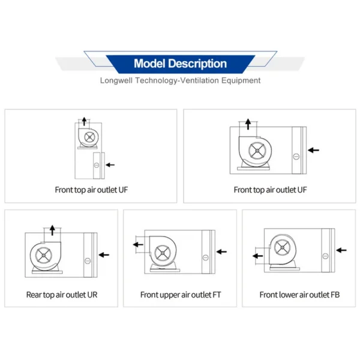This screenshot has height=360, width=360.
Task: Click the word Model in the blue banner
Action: (149, 64)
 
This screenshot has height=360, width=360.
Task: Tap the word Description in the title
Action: (197, 64)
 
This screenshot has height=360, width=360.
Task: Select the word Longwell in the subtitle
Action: (116, 80)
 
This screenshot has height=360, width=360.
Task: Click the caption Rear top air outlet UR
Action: (62, 295)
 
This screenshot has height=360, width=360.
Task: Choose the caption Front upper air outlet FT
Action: (181, 295)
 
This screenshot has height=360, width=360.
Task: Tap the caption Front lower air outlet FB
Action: (299, 295)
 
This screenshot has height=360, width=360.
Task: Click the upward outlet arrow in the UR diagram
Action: (52, 230)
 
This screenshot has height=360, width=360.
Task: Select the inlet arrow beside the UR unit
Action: (104, 254)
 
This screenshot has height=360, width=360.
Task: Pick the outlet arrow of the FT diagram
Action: (138, 245)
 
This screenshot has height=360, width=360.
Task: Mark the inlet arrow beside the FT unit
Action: (221, 251)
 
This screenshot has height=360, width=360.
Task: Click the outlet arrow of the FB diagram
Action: (258, 256)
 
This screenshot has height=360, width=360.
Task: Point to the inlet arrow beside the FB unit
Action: (341, 250)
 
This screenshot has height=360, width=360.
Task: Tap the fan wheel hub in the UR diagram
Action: (44, 255)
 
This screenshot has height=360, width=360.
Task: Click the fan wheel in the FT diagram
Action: (163, 253)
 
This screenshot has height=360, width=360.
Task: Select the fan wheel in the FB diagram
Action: (283, 247)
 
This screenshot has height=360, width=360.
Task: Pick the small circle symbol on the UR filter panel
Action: (88, 261)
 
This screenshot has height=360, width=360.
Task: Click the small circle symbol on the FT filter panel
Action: (205, 257)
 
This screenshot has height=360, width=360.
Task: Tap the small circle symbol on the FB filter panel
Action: (325, 256)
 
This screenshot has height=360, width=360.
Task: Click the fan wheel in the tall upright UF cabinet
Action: (89, 137)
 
